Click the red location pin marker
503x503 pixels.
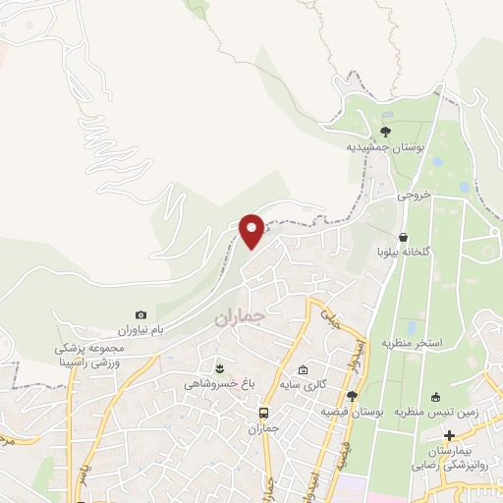[x=252, y=230]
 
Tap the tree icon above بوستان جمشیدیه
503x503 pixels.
[x=385, y=131]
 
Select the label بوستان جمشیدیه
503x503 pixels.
[x=385, y=147]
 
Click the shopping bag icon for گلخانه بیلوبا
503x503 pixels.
[x=404, y=236]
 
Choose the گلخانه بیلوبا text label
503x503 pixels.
[x=404, y=251]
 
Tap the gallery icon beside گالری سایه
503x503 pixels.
[x=304, y=370]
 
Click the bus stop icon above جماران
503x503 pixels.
[x=263, y=412]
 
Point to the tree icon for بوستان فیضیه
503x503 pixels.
[x=352, y=395]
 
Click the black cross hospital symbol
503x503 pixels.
[x=449, y=435]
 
